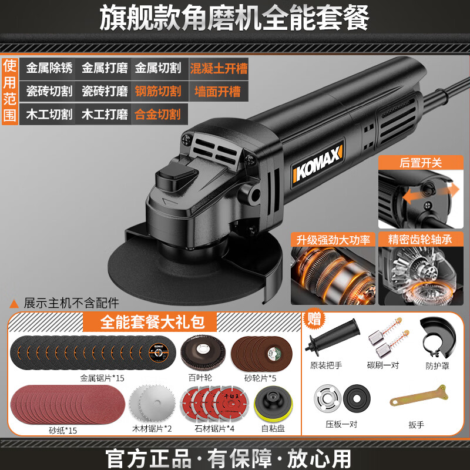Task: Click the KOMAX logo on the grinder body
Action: coord(318,163)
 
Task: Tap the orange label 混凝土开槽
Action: coord(219,68)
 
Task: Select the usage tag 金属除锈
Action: coord(49,68)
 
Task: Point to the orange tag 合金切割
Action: coord(157,115)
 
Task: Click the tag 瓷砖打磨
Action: coord(105,91)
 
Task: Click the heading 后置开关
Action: coord(421,163)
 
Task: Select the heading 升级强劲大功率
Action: coord(333,240)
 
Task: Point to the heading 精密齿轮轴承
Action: coord(420,239)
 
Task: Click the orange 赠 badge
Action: coord(314,318)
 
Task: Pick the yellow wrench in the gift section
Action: coord(419,396)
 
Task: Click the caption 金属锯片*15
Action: coord(102,378)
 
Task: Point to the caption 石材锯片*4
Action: coord(214,429)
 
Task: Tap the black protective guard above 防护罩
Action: coord(438,337)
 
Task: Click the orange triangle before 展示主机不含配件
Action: coord(14,304)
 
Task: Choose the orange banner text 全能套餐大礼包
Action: coord(152,322)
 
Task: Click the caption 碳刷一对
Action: coord(383,365)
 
